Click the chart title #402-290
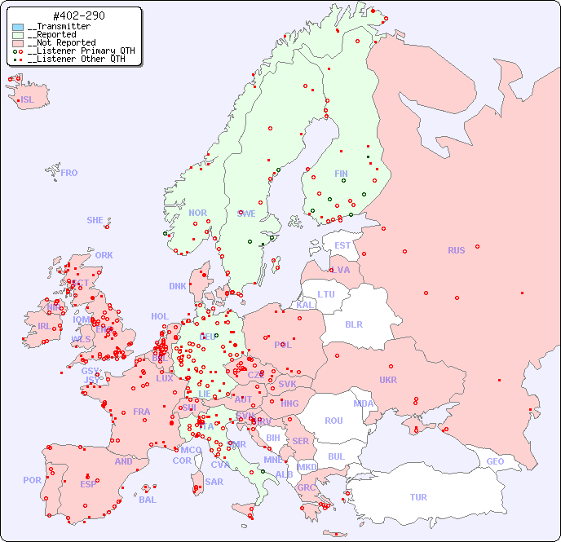pos(77,16)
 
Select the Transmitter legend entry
pos(62,27)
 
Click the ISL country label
pos(28,100)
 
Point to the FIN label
pos(341,174)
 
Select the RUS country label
pos(456,250)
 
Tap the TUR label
pos(418,497)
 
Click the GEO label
pos(495,461)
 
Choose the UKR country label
pos(388,380)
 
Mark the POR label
pos(32,480)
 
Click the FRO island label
pos(69,173)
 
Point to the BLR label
pos(353,324)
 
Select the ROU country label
pos(334,421)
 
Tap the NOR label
pos(197,213)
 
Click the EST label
pos(342,245)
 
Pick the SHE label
pos(95,220)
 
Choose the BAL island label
pos(148,500)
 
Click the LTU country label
pos(326,294)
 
